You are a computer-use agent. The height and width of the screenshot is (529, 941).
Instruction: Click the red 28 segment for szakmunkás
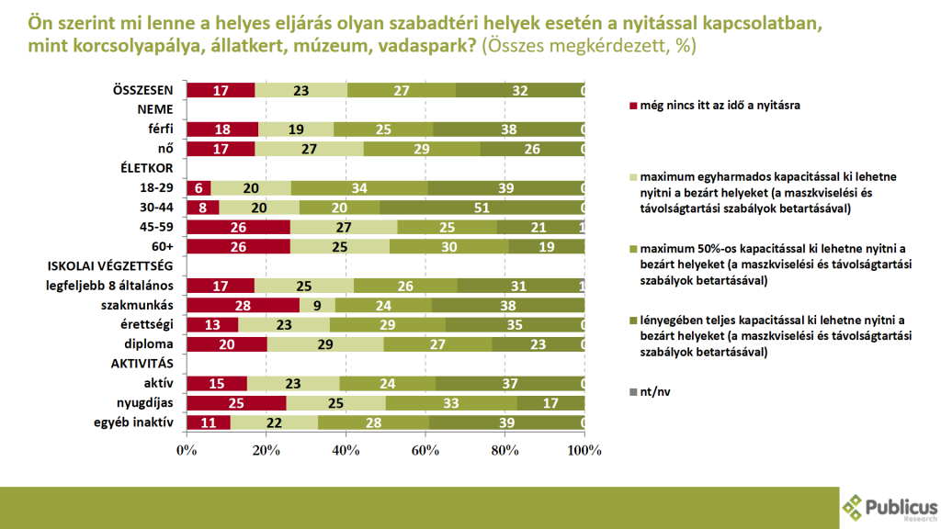(243, 305)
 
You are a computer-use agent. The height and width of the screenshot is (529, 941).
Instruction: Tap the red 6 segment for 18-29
(198, 187)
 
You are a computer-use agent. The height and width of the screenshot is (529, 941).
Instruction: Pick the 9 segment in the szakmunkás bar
(317, 305)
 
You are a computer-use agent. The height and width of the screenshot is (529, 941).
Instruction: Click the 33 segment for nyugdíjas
(451, 403)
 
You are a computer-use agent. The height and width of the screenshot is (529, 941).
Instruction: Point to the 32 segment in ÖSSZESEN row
(519, 90)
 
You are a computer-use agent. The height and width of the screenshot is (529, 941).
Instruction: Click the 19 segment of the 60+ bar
(546, 246)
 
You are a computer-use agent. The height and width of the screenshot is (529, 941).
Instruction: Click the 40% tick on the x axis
(346, 450)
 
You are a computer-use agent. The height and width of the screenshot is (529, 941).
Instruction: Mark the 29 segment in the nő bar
(422, 149)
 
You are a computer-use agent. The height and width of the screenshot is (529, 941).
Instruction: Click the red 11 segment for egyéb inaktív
(209, 422)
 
